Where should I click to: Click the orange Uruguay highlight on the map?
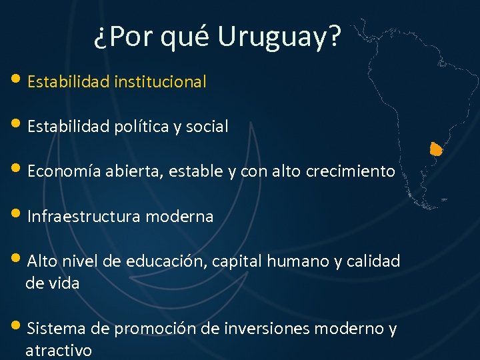pos(436,149)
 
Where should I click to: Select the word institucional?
pos(160,82)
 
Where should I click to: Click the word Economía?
pos(64,171)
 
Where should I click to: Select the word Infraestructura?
pos(83,217)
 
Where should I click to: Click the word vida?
pos(63,283)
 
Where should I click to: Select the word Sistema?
pos(55,329)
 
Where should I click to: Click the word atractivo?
pos(59,351)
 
